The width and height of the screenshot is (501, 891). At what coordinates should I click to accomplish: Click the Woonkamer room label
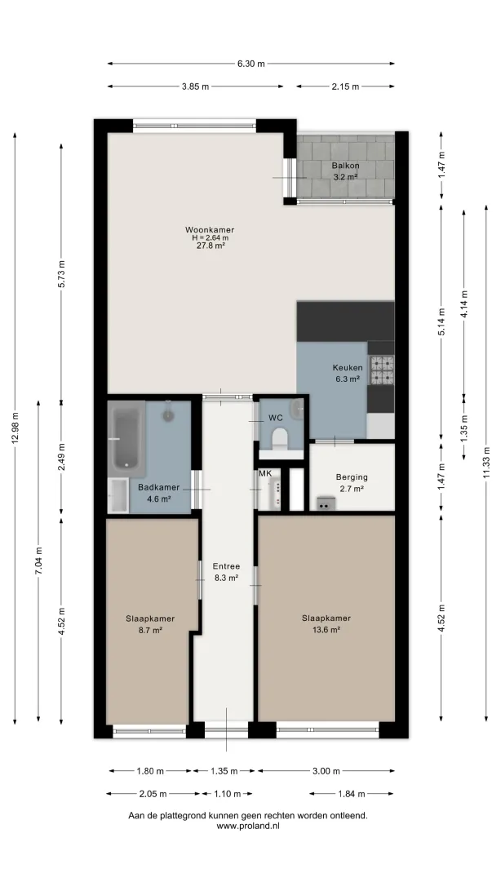click(210, 229)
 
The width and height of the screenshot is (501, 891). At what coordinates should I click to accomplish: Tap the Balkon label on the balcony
click(345, 166)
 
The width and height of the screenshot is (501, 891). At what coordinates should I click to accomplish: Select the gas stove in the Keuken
click(383, 370)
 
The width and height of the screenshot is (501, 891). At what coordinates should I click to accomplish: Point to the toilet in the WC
click(279, 439)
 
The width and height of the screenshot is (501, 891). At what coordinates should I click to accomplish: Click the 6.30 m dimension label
click(250, 64)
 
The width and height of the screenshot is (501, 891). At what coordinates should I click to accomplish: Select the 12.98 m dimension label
click(16, 428)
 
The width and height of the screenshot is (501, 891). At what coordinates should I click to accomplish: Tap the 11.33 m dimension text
click(487, 463)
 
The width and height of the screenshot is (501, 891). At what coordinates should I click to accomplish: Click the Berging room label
click(352, 477)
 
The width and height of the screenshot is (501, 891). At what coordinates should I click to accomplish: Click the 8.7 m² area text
click(150, 629)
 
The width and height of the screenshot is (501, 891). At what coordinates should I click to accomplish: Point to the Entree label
click(226, 566)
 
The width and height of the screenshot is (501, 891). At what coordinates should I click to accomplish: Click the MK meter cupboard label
click(265, 473)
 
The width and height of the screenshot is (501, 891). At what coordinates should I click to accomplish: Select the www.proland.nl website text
click(248, 827)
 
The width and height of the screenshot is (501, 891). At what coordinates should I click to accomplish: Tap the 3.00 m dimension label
click(326, 771)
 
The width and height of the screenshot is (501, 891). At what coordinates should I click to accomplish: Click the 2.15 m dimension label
click(345, 86)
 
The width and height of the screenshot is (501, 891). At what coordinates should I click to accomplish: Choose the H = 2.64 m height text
click(210, 237)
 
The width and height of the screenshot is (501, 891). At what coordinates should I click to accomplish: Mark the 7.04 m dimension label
click(38, 561)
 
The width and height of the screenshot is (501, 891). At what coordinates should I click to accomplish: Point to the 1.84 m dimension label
click(351, 794)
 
